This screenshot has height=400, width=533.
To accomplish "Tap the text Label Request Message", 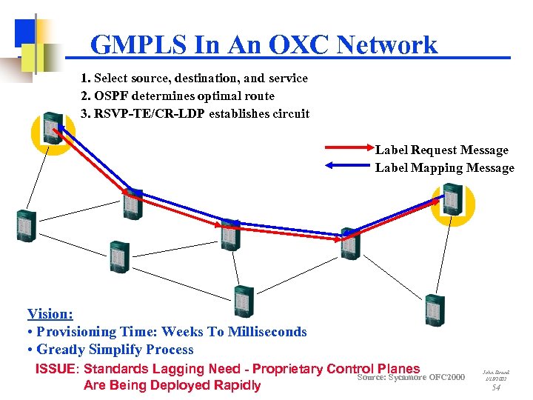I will pos(441,150).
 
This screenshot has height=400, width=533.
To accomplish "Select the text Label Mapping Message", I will pos(444,168).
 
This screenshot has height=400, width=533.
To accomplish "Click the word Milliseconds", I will pos(265,332).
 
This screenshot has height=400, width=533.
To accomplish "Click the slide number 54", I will pos(496,387).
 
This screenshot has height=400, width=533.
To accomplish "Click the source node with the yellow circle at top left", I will pos(53,128).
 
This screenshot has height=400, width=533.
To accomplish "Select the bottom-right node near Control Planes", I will pos(434,311).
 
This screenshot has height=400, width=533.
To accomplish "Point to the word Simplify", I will pos(132,350).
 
